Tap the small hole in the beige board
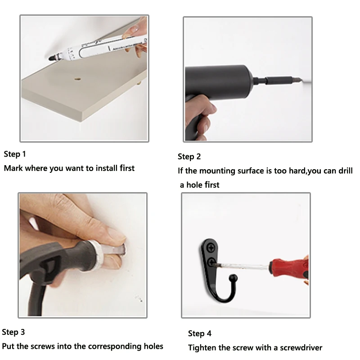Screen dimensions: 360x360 click(x=77, y=79)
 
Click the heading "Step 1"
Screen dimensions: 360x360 click(x=15, y=154)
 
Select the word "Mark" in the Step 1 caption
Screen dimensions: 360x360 click(x=13, y=168)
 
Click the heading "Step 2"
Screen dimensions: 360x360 click(x=189, y=157)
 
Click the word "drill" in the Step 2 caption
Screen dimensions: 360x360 click(x=346, y=171)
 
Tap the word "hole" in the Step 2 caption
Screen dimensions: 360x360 click(x=194, y=184)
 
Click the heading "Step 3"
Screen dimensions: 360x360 click(x=13, y=332)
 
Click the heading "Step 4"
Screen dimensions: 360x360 click(x=199, y=333)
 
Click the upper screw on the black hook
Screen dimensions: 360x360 click(x=211, y=248)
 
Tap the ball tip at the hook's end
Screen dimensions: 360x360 click(x=233, y=278)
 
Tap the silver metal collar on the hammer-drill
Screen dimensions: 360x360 click(x=96, y=255)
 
